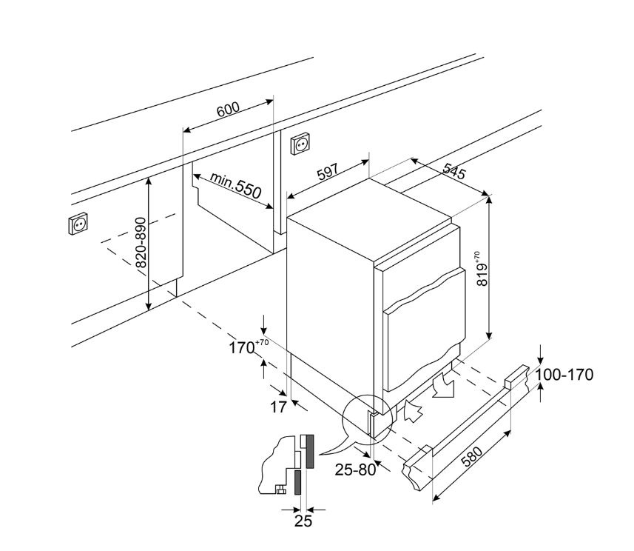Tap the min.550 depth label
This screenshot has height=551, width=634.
point(235,184)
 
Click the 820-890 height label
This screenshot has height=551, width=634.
point(141,243)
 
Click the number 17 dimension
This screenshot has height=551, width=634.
point(277,406)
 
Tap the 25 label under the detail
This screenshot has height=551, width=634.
point(303,521)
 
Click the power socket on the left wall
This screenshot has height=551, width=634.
point(78,224)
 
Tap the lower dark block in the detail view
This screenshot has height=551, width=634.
point(297,484)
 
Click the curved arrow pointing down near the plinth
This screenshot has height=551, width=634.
point(445,386)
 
